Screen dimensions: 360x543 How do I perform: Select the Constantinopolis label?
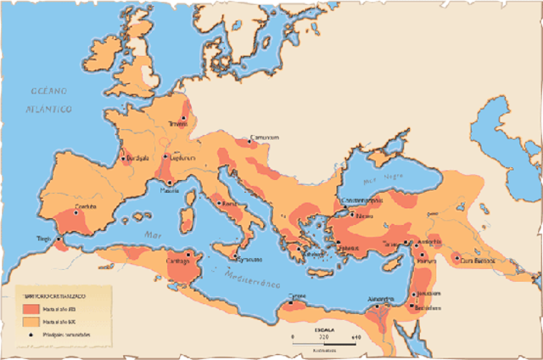(362, 200)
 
